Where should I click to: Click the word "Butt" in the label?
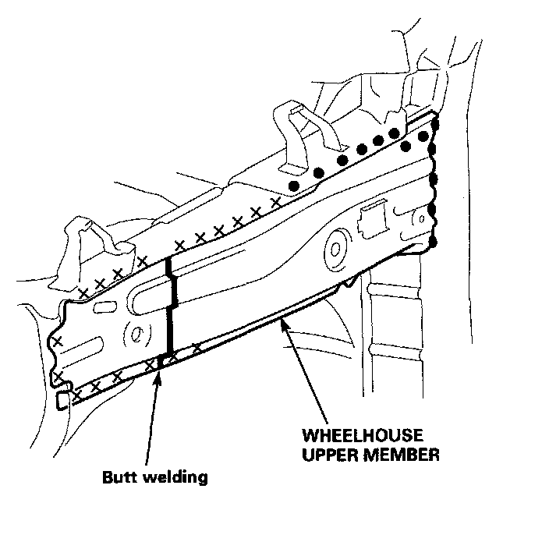point(119,476)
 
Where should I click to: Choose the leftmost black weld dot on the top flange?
point(293,186)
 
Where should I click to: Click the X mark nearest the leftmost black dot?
point(275,201)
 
